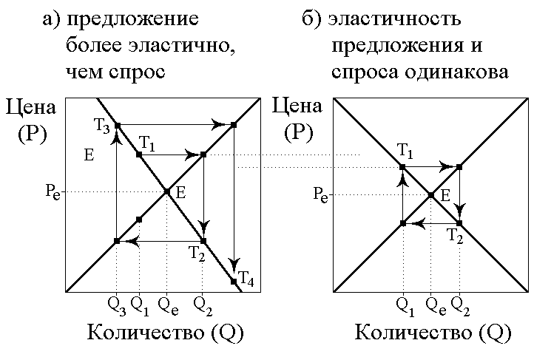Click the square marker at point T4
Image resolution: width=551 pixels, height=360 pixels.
pyautogui.click(x=234, y=281)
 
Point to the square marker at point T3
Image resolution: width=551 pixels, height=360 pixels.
pyautogui.click(x=117, y=125)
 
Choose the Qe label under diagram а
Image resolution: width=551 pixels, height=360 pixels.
pyautogui.click(x=167, y=302)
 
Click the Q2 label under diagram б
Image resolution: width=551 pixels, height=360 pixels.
pyautogui.click(x=460, y=302)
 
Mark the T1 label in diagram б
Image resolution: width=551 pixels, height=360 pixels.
pyautogui.click(x=406, y=152)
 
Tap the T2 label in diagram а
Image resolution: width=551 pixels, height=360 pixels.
pyautogui.click(x=196, y=254)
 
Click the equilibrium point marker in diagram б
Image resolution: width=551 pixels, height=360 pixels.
pyautogui.click(x=431, y=195)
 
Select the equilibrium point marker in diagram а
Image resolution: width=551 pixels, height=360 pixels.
pyautogui.click(x=167, y=191)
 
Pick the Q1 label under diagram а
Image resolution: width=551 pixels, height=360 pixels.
pyautogui.click(x=140, y=302)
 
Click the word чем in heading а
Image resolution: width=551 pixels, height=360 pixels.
pyautogui.click(x=80, y=72)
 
